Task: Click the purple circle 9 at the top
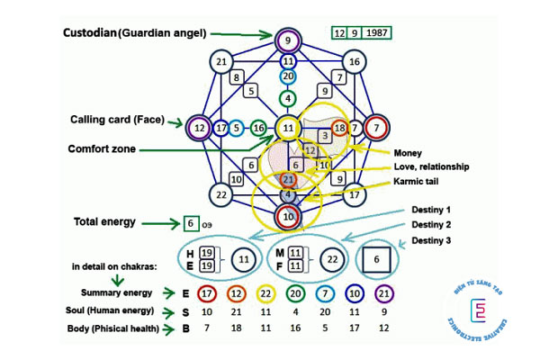point(287,40)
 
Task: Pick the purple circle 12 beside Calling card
point(197,129)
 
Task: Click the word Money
point(408,153)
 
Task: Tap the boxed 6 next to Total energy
point(190,222)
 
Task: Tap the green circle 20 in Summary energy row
point(295,292)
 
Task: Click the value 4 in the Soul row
point(295,310)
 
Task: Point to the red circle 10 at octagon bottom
point(287,215)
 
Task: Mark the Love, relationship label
point(430,166)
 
